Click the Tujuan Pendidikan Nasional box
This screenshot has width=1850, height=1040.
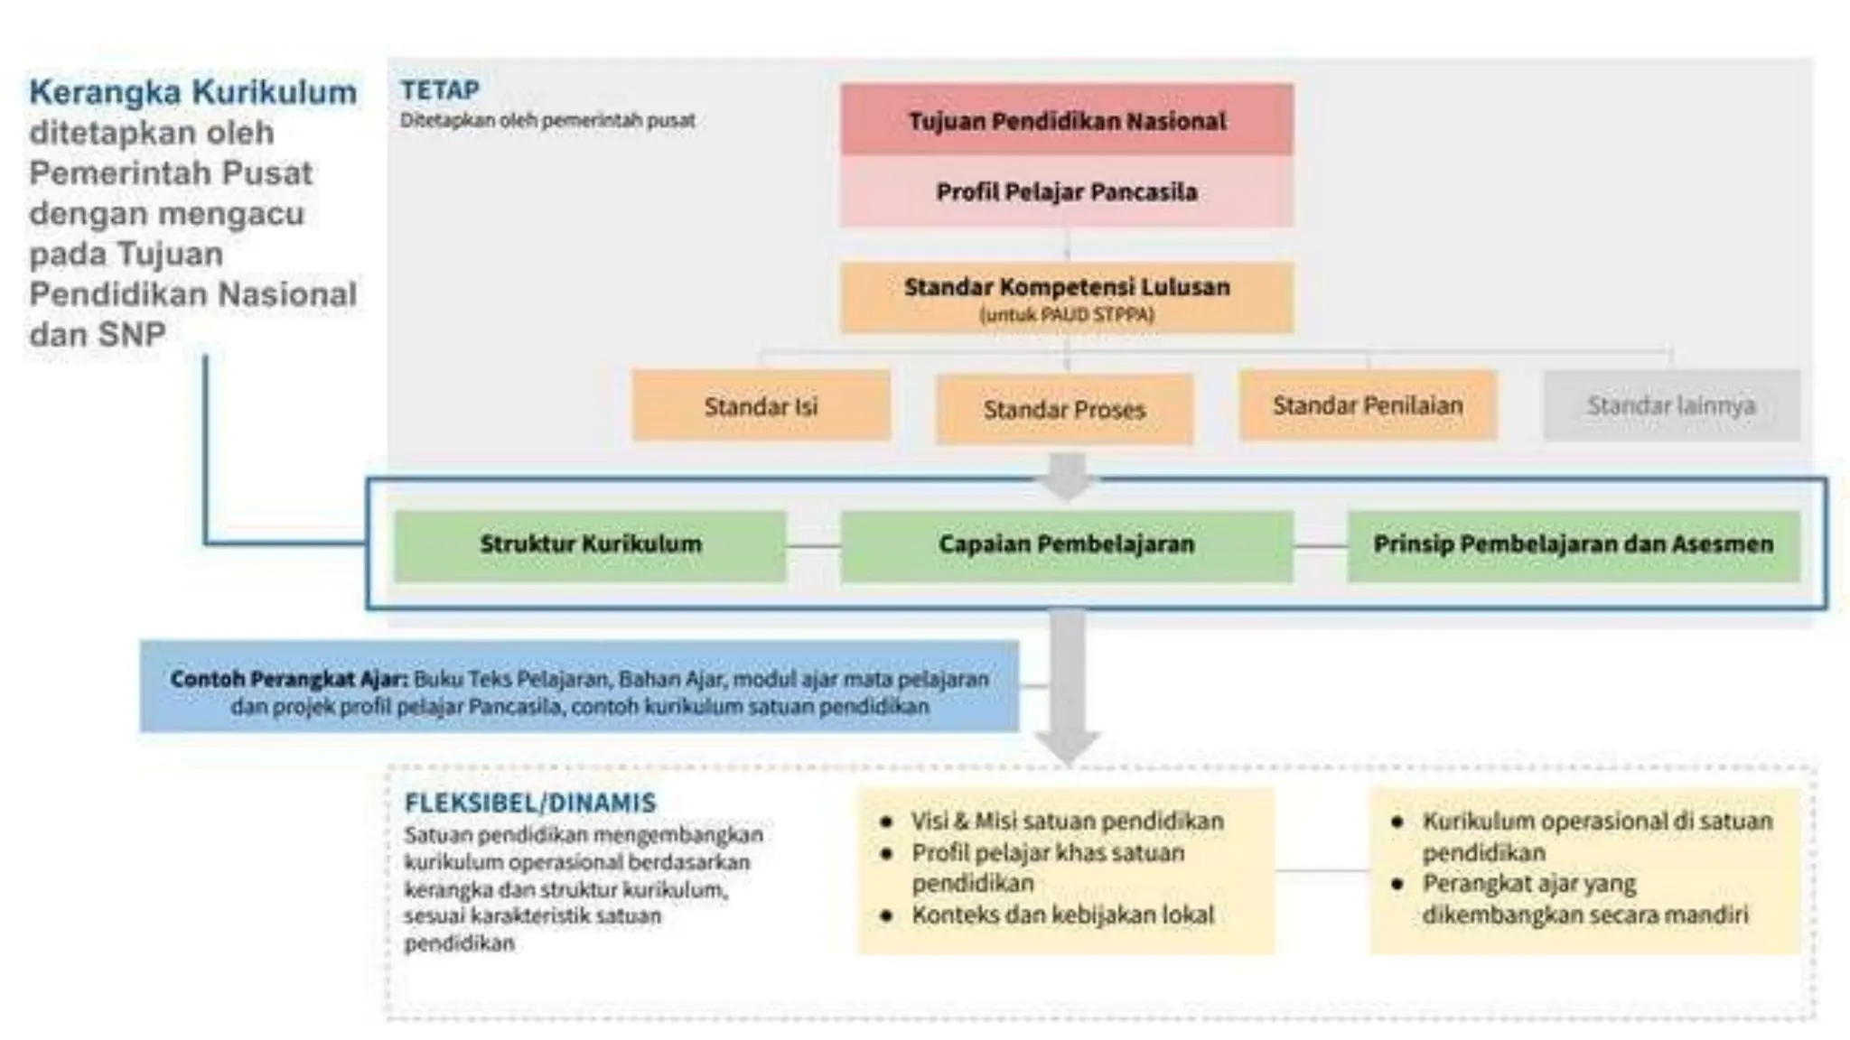(1066, 120)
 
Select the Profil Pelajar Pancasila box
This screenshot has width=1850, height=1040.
(1066, 191)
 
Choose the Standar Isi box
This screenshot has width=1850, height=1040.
(761, 406)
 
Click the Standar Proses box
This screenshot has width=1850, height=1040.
(1064, 410)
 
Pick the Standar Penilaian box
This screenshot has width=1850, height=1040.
(1368, 405)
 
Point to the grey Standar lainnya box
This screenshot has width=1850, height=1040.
(1671, 405)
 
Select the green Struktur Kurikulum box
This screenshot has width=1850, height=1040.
(590, 544)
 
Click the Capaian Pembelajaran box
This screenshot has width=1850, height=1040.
(1066, 544)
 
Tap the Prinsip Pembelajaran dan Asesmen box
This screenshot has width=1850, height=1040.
(1573, 544)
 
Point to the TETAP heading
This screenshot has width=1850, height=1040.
(440, 90)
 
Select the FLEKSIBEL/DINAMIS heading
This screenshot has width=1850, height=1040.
(530, 803)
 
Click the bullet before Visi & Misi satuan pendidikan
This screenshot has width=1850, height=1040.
(887, 822)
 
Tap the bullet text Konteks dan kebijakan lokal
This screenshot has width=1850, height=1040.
(1062, 915)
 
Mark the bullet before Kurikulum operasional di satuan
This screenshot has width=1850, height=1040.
(1397, 822)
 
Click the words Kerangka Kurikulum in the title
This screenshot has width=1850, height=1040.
(192, 92)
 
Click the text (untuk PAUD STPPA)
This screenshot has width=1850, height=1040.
(1066, 315)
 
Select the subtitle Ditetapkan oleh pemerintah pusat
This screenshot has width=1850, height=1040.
(547, 120)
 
